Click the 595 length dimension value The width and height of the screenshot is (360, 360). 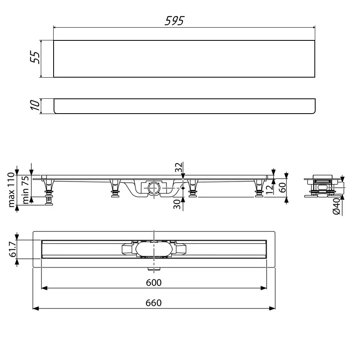click(x=174, y=21)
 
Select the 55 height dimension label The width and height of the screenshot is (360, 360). click(x=35, y=58)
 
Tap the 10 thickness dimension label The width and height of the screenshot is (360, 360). click(x=35, y=106)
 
